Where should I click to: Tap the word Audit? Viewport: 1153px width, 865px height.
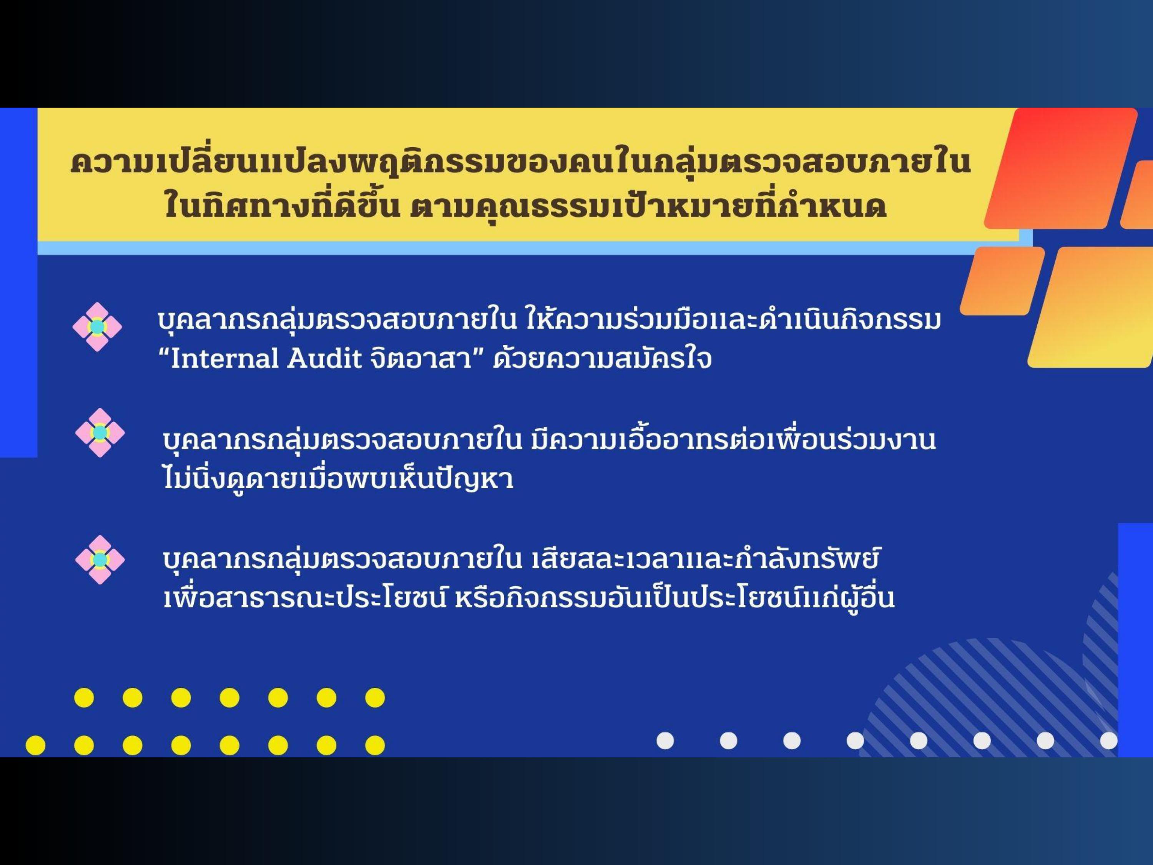tap(324, 359)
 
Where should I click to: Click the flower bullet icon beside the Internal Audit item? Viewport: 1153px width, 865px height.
tap(97, 327)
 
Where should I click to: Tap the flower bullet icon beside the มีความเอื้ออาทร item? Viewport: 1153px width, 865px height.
tap(100, 433)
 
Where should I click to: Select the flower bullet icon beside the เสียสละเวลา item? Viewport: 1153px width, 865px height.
tap(100, 559)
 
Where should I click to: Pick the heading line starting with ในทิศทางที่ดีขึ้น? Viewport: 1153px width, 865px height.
tap(525, 205)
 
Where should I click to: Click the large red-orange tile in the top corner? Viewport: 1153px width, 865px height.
tap(1061, 168)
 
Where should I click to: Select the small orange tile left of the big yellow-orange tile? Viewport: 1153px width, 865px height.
tap(1002, 281)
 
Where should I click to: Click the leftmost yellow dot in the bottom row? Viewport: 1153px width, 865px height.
tap(35, 745)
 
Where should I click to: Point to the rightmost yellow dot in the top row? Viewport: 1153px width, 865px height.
tap(375, 698)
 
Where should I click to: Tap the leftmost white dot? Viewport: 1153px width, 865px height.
tap(665, 740)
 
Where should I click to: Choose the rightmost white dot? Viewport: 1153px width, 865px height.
tap(1109, 740)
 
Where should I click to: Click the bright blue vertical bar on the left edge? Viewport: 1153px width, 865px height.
tap(19, 283)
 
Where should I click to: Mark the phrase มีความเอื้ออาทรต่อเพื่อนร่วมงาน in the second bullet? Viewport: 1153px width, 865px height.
tap(733, 439)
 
